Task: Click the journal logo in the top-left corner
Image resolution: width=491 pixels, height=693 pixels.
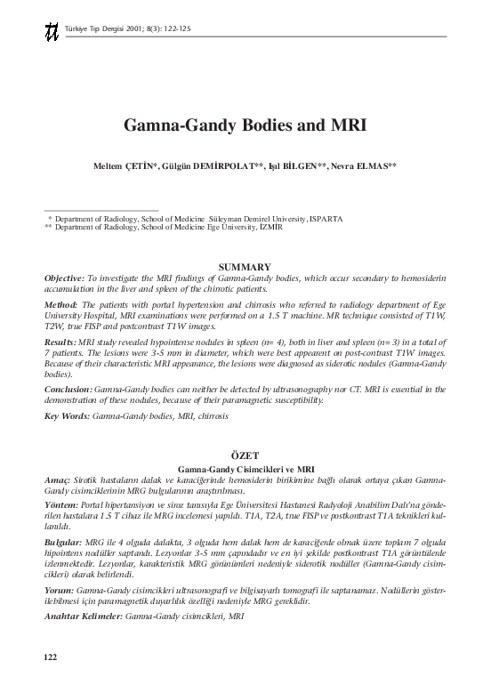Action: click(51, 31)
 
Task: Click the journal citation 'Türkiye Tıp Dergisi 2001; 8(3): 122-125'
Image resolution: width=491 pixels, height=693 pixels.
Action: click(128, 28)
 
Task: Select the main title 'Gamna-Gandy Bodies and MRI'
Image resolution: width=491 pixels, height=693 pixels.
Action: click(245, 125)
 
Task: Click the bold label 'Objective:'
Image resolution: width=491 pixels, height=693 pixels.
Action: click(65, 278)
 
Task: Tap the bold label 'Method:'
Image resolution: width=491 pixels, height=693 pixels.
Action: click(61, 304)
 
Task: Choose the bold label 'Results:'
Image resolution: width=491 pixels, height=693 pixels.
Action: click(62, 341)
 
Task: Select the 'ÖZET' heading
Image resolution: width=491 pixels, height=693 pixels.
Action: click(245, 455)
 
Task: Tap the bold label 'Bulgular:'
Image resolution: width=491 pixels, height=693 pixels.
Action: click(63, 541)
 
